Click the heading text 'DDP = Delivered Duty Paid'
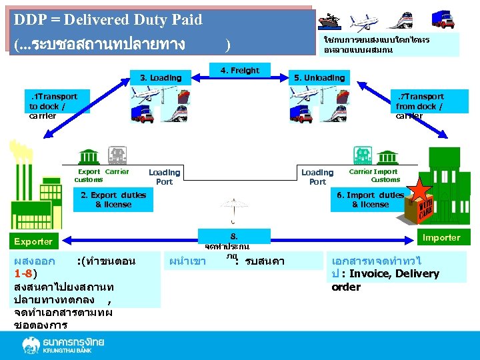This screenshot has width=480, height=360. (107, 20)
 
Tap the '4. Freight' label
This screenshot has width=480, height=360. (239, 70)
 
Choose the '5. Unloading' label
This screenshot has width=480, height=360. (319, 78)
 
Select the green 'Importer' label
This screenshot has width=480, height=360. (441, 237)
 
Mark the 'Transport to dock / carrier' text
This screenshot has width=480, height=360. (53, 106)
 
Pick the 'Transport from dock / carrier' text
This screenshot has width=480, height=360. (419, 106)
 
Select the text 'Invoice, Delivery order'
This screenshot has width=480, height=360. (385, 280)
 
